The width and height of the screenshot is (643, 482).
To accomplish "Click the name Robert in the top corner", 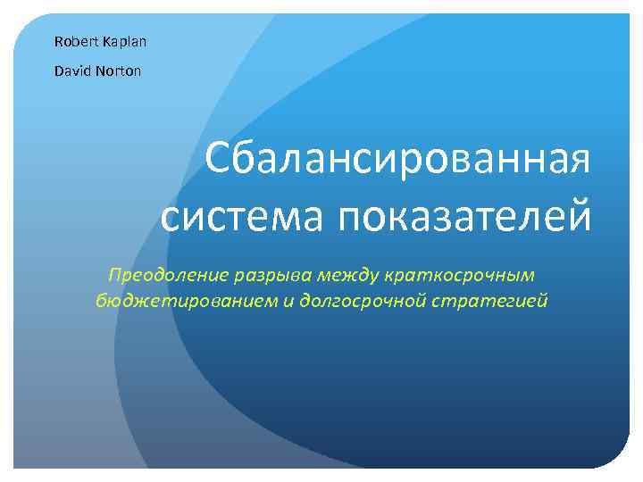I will pyautogui.click(x=71, y=41).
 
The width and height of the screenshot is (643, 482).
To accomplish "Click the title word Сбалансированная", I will pyautogui.click(x=398, y=162).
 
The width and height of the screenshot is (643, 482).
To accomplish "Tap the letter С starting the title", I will pyautogui.click(x=217, y=162).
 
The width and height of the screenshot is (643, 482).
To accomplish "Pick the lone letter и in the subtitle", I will pyautogui.click(x=288, y=301).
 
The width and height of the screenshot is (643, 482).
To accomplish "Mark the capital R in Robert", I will pyautogui.click(x=58, y=41).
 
